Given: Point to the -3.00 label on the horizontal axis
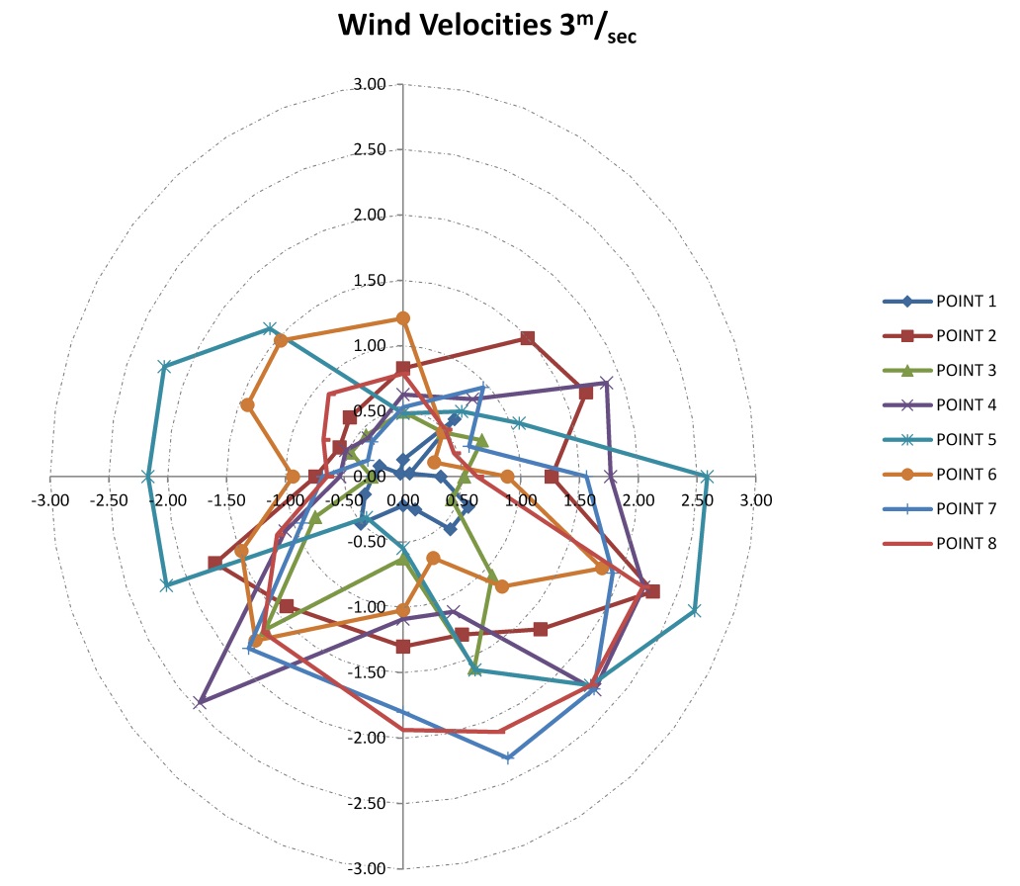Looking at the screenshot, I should [50, 500].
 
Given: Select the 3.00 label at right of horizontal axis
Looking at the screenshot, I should [756, 500].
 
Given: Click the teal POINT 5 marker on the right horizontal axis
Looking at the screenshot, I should [706, 477].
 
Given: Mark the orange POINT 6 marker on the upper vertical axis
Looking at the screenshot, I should [402, 317].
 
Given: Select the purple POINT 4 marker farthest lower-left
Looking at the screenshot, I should [201, 702].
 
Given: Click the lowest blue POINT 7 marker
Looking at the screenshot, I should [508, 758].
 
